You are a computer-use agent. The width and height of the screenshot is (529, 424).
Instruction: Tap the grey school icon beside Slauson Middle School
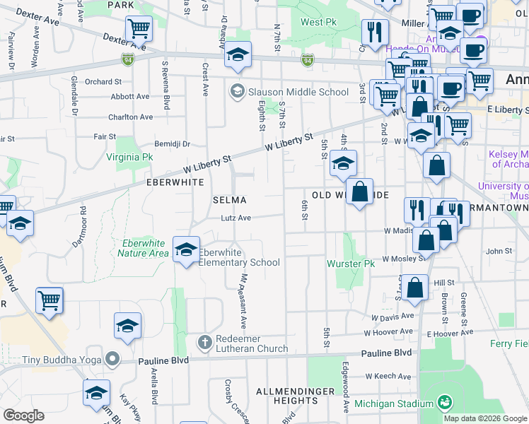236,91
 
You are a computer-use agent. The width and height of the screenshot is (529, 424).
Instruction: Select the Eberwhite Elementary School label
239,257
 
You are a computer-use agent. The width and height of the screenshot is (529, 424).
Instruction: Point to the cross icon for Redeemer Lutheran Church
205,343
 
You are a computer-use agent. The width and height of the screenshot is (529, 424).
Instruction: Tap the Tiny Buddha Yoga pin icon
112,360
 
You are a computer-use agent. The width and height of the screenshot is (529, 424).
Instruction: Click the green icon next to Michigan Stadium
445,403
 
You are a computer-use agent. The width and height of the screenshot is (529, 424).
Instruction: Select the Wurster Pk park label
350,264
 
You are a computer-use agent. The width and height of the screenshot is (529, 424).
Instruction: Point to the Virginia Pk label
129,157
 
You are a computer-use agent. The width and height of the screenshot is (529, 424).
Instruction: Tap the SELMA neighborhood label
230,200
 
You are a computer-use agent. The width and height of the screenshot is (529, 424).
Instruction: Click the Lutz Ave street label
236,218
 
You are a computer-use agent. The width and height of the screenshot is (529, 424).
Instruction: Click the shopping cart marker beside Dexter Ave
139,29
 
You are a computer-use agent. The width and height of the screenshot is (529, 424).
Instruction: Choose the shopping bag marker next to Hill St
416,288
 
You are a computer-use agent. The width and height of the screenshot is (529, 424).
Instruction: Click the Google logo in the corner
23,416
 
